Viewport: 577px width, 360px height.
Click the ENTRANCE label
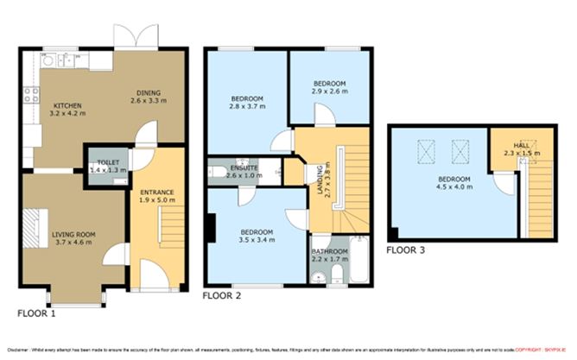157,192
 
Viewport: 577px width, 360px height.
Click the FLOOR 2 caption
222,295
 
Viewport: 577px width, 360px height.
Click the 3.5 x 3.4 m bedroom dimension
257,241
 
